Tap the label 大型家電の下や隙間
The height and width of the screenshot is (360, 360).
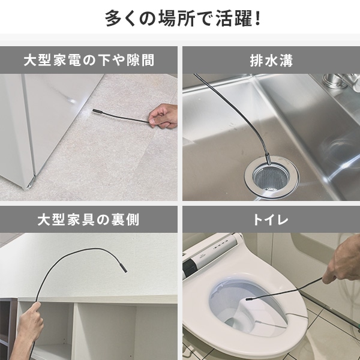(x=89, y=61)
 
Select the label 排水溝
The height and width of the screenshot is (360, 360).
(x=271, y=61)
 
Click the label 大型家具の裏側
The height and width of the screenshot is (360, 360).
(x=89, y=220)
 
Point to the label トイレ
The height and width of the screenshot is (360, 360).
(x=271, y=220)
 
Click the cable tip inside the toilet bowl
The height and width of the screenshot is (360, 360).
(x=247, y=296)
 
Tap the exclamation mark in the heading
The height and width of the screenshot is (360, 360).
(x=256, y=18)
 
